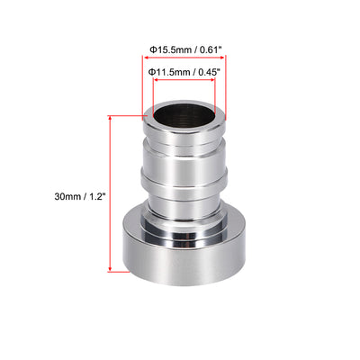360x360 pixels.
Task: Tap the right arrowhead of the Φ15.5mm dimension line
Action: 226,59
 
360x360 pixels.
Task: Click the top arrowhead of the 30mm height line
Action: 111,118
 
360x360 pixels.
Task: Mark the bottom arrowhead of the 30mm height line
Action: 111,268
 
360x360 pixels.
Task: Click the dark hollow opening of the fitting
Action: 185,117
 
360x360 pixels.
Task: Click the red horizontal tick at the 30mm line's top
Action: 126,114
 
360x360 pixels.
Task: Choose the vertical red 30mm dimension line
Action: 111,193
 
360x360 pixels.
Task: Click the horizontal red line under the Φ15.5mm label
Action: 185,59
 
